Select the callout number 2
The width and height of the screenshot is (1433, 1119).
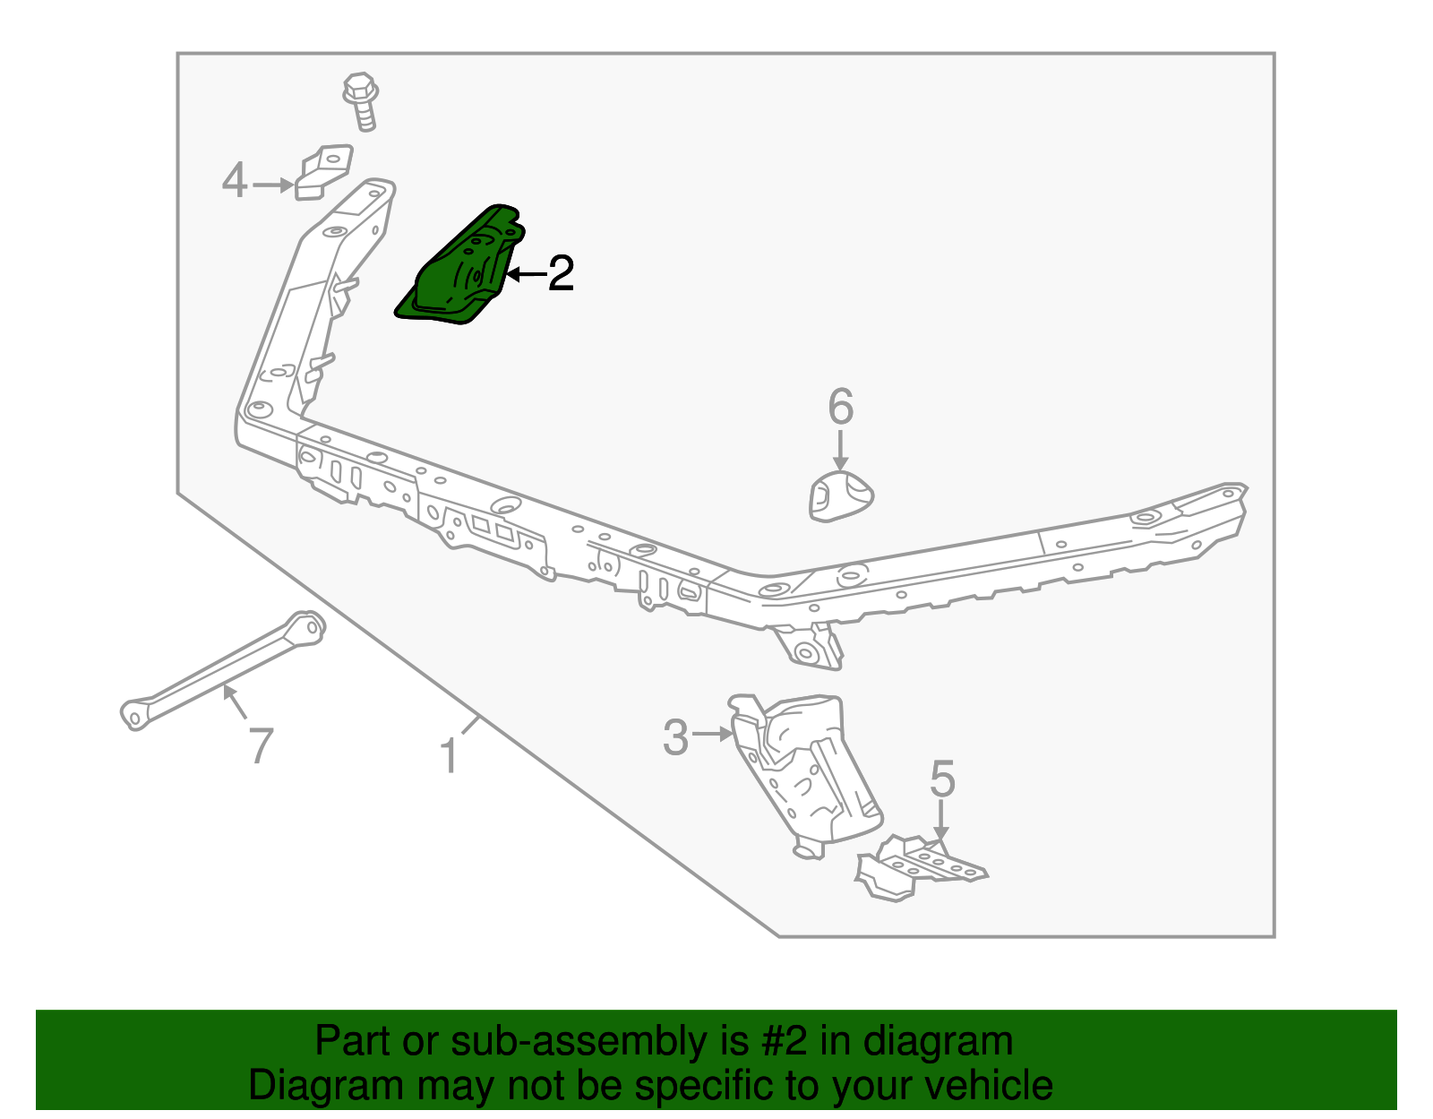click(x=561, y=273)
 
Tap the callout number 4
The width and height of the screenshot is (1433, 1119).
click(x=234, y=181)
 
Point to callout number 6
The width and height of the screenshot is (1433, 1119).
click(x=840, y=408)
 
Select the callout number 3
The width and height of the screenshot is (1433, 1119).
click(x=675, y=737)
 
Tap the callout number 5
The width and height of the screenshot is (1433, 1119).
click(x=942, y=779)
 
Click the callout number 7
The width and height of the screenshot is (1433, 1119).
click(x=260, y=745)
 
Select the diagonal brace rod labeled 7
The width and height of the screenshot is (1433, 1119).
click(x=224, y=667)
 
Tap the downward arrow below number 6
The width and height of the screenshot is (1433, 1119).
click(x=840, y=451)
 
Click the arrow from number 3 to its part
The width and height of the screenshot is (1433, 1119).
click(x=714, y=734)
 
